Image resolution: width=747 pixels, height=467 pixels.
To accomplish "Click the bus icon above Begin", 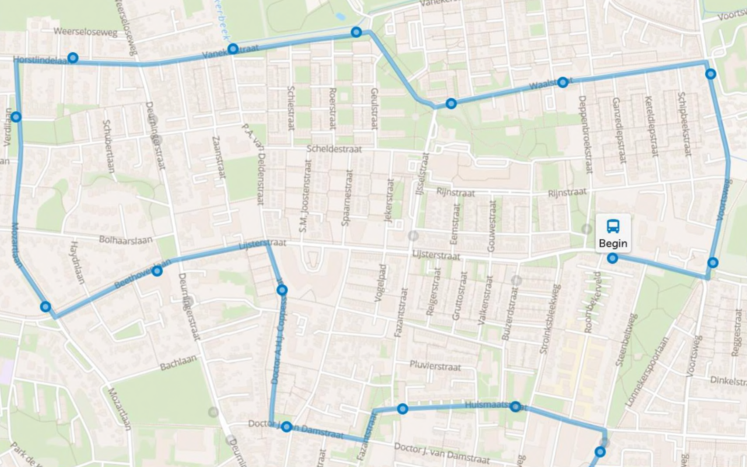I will click(613, 226).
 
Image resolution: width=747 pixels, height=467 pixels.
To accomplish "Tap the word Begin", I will click(613, 244).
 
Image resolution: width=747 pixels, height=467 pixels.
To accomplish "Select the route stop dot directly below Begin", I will click(613, 258).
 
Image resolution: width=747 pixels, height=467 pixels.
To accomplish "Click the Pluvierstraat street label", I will click(436, 366).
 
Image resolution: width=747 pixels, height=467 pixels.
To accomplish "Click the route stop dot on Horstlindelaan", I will click(72, 58).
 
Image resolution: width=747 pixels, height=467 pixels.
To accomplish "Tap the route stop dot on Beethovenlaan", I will click(157, 271).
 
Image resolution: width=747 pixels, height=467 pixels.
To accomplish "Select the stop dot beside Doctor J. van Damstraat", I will click(286, 427).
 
